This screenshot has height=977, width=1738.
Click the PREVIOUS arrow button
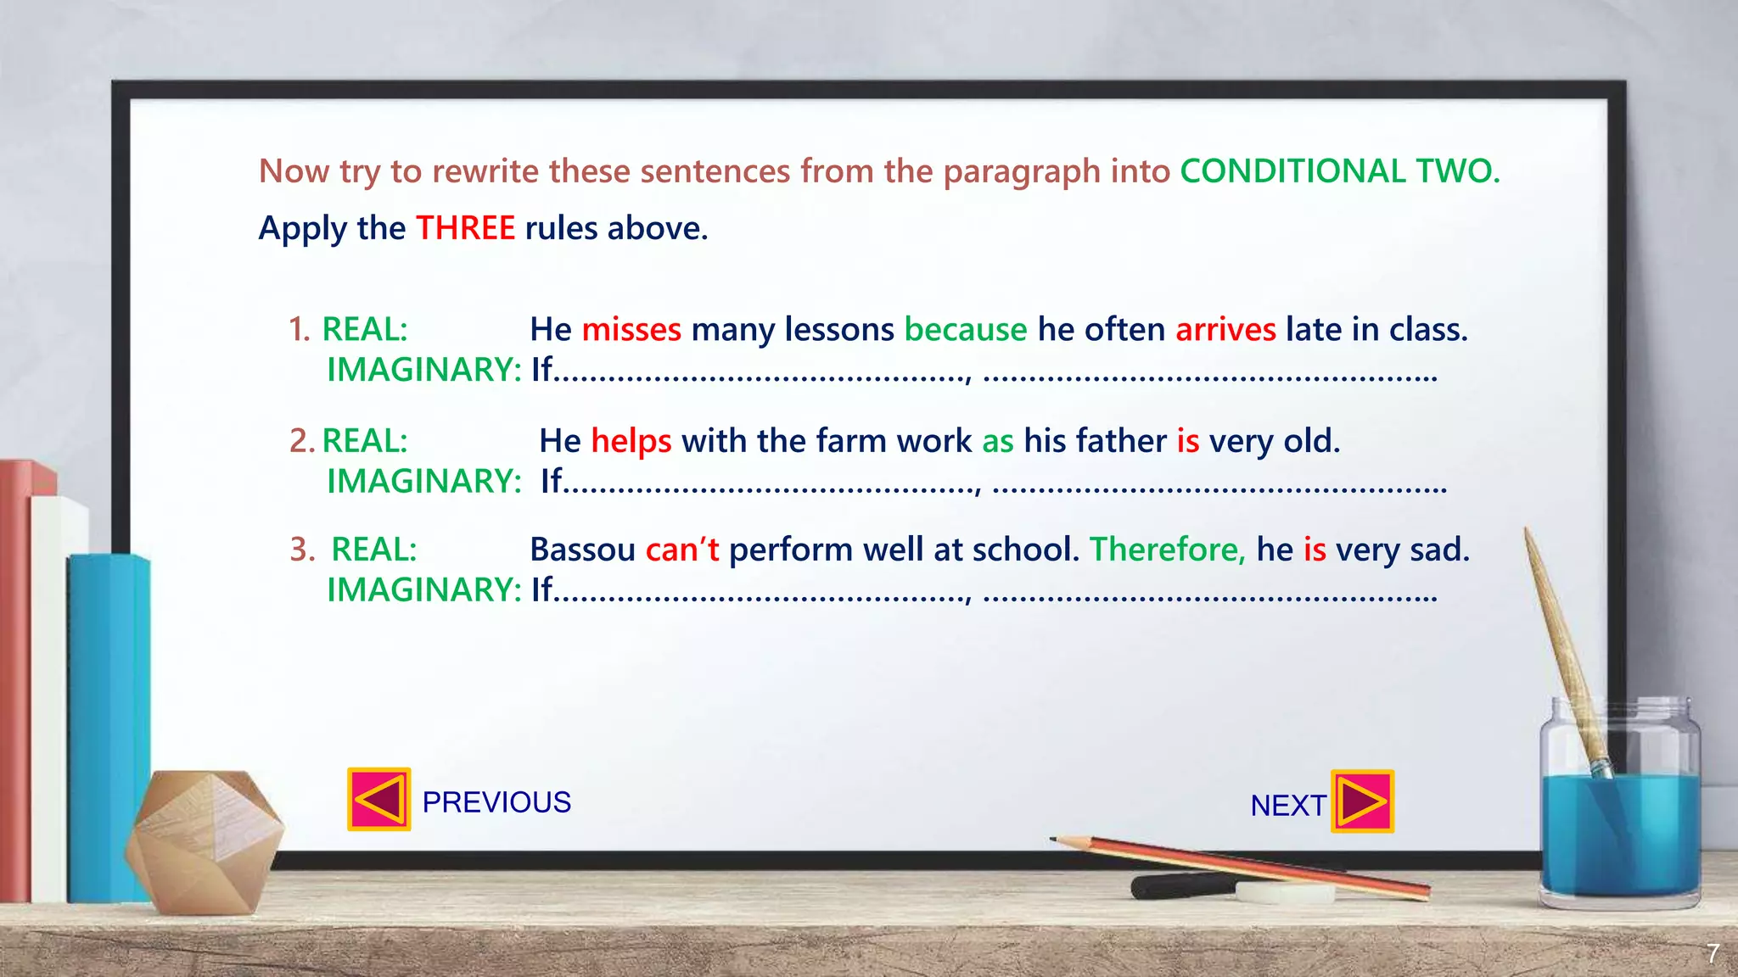click(x=378, y=799)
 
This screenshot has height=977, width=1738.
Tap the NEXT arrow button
click(x=1362, y=801)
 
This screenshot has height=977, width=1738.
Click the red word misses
click(x=631, y=329)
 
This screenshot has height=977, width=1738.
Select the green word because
click(x=966, y=329)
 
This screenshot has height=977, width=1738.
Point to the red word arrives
click(x=1225, y=329)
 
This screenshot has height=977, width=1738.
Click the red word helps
click(x=631, y=441)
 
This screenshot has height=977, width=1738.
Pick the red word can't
click(x=681, y=550)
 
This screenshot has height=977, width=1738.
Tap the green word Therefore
click(x=1167, y=550)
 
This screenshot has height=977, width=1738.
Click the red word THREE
click(x=465, y=228)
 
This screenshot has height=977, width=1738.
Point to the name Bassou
click(x=582, y=550)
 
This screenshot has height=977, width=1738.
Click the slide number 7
click(x=1713, y=954)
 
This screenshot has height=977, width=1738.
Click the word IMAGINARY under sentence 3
click(x=423, y=590)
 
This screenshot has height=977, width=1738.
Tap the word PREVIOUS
click(x=496, y=802)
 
